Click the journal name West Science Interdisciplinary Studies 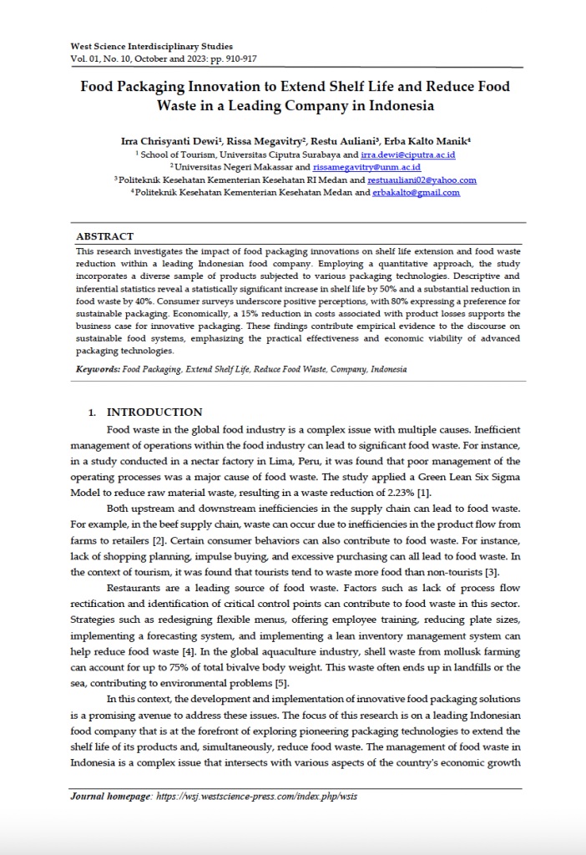(151, 46)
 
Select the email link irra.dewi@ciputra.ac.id (407, 155)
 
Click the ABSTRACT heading (104, 237)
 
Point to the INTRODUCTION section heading (154, 412)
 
